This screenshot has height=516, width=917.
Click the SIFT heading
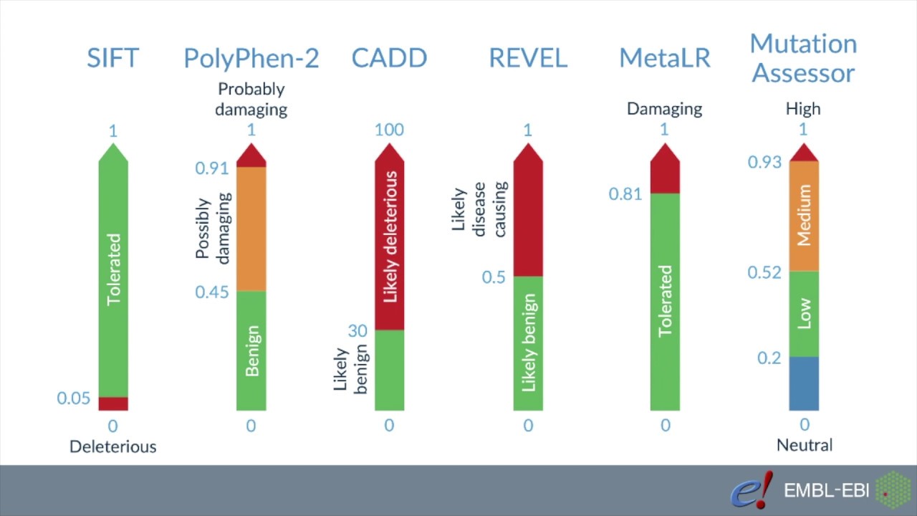pyautogui.click(x=112, y=58)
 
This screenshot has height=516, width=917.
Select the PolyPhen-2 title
pyautogui.click(x=251, y=58)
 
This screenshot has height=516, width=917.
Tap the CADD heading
pyautogui.click(x=389, y=58)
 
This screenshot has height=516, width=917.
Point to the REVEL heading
pyautogui.click(x=527, y=58)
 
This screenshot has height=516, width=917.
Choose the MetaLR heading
pyautogui.click(x=665, y=58)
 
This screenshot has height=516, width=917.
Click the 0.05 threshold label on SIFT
pyautogui.click(x=74, y=398)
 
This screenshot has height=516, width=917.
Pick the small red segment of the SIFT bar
pyautogui.click(x=113, y=404)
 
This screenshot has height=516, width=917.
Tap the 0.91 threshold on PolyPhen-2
pyautogui.click(x=211, y=168)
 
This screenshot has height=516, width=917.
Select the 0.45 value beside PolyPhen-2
pyautogui.click(x=211, y=292)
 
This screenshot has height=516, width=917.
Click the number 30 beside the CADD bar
pyautogui.click(x=357, y=330)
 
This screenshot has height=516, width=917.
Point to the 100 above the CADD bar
pyautogui.click(x=389, y=130)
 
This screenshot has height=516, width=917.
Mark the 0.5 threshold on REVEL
pyautogui.click(x=494, y=277)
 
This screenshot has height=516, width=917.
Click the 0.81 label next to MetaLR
pyautogui.click(x=625, y=193)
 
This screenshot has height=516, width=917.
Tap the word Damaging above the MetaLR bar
pyautogui.click(x=665, y=109)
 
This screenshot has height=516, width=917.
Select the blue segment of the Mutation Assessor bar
pyautogui.click(x=804, y=383)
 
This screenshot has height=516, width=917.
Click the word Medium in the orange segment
pyautogui.click(x=805, y=215)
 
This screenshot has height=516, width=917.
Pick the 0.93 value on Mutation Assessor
pyautogui.click(x=764, y=163)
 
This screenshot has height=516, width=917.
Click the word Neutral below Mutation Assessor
pyautogui.click(x=805, y=445)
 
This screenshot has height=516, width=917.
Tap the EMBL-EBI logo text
pyautogui.click(x=826, y=491)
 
